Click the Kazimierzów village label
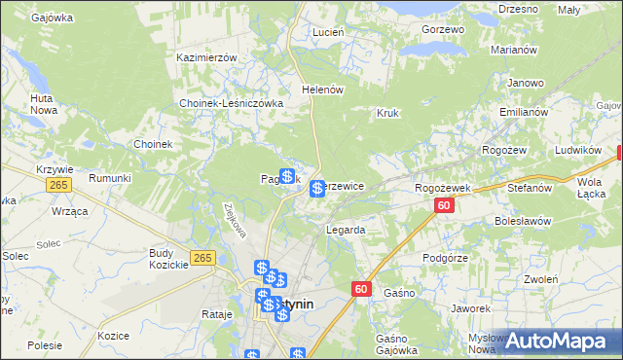pyautogui.click(x=207, y=57)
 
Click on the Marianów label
pyautogui.click(x=516, y=52)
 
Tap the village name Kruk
pyautogui.click(x=388, y=113)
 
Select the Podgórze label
pyautogui.click(x=447, y=258)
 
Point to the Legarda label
pyautogui.click(x=346, y=231)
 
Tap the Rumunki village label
pyautogui.click(x=110, y=178)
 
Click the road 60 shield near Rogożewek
pyautogui.click(x=444, y=205)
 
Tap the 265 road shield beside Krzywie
pyautogui.click(x=58, y=185)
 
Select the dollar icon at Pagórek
pyautogui.click(x=287, y=176)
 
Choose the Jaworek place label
pyautogui.click(x=469, y=308)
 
